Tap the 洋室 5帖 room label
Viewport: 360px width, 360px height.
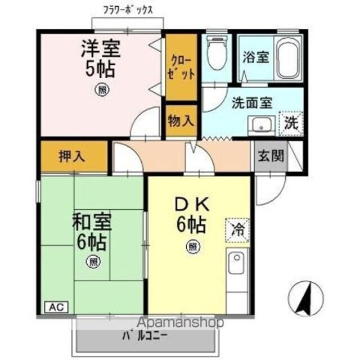[x=101, y=58]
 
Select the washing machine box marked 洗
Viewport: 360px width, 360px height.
[x=290, y=122]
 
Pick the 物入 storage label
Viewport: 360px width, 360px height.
[x=181, y=120]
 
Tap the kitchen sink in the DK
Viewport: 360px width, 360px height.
[x=236, y=263]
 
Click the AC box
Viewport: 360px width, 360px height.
[x=55, y=307]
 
